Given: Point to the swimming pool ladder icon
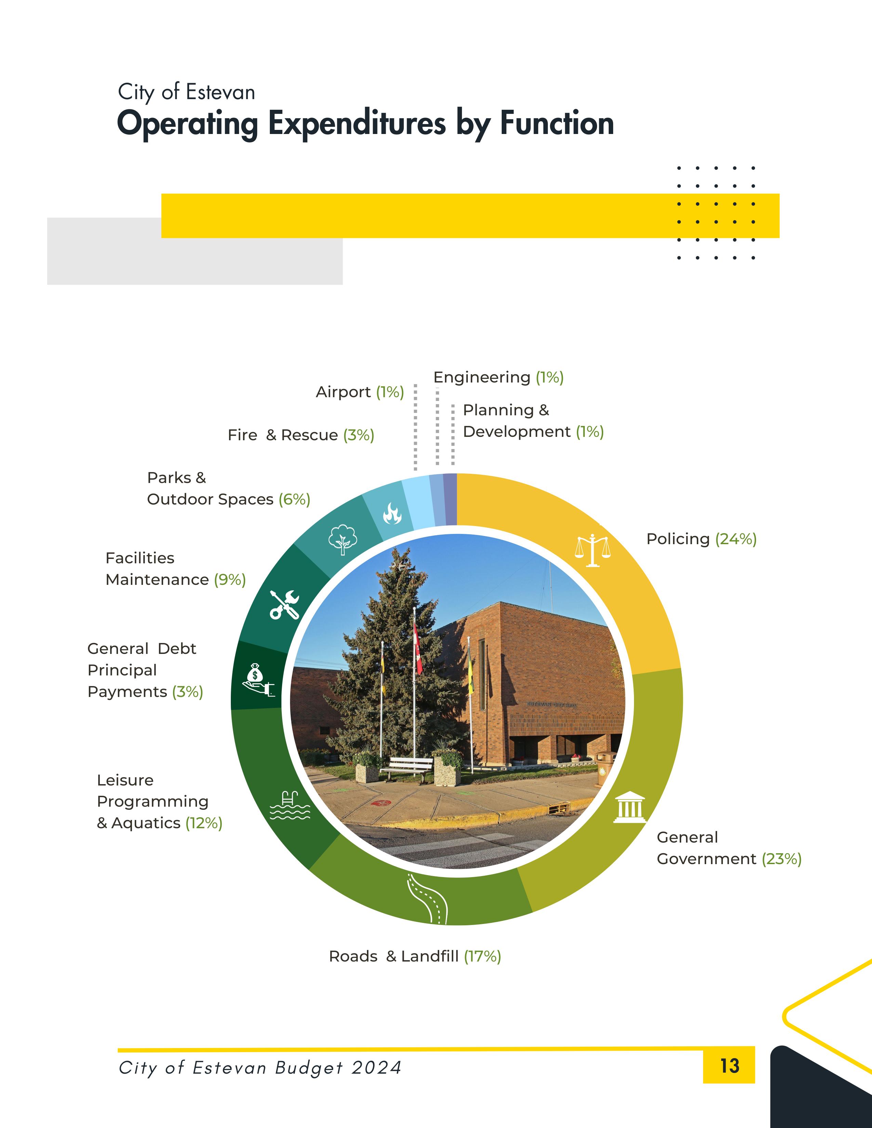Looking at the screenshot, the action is [290, 805].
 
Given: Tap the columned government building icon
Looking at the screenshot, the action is [630, 807].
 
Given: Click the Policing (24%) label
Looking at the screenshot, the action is [701, 539].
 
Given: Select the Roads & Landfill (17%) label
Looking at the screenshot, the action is [415, 956].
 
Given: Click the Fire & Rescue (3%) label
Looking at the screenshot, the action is [301, 435].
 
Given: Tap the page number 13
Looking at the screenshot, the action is [729, 1065].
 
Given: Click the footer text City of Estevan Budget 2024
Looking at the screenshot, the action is [260, 1067].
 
